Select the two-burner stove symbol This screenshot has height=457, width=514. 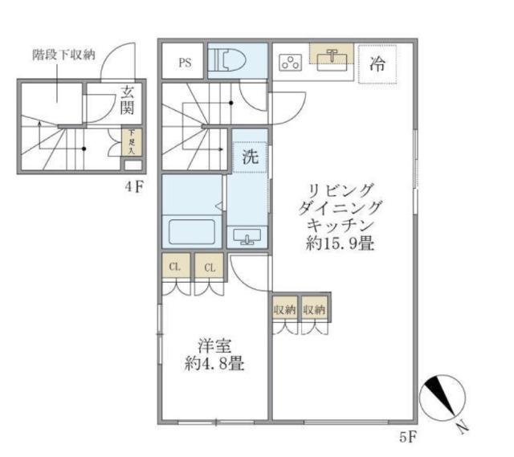(x=290, y=63)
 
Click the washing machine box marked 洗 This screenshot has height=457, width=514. (x=250, y=157)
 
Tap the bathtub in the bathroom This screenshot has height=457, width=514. (x=192, y=231)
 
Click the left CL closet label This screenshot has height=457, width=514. (x=175, y=267)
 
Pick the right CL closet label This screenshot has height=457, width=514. (x=209, y=267)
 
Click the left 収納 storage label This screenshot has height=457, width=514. (x=284, y=309)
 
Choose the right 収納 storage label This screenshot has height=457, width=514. (x=314, y=309)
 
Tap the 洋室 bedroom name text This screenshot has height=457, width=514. (x=213, y=347)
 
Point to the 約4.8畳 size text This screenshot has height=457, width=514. (x=213, y=364)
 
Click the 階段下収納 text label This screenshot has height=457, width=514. (x=63, y=55)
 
